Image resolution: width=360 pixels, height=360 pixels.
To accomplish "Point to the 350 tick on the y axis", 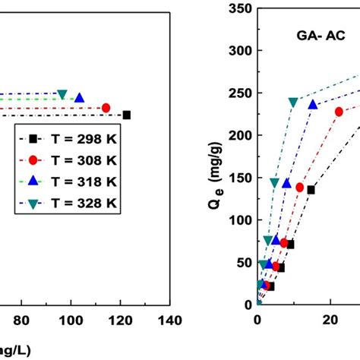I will (x=242, y=9).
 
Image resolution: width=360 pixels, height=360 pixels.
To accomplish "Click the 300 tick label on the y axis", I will (x=242, y=51).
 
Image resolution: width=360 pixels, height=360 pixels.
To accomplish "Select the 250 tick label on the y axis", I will (x=242, y=93).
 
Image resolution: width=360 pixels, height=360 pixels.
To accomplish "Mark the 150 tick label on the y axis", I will (x=242, y=178).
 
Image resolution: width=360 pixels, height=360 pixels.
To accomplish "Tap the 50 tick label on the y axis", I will (x=245, y=262).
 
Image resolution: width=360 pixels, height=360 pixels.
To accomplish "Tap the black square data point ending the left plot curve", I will (x=127, y=115).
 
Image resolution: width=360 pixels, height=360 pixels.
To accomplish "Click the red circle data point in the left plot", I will (x=106, y=107).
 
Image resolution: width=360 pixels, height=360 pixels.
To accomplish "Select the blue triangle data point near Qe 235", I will (x=312, y=105).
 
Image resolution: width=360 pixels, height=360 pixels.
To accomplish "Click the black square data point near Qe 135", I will (x=311, y=190).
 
